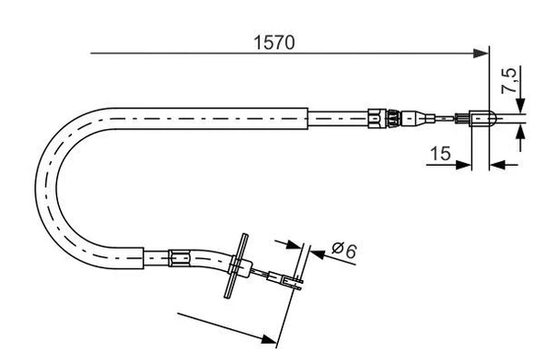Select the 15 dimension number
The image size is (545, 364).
coord(441,155)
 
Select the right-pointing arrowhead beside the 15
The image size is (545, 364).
coord(467,166)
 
